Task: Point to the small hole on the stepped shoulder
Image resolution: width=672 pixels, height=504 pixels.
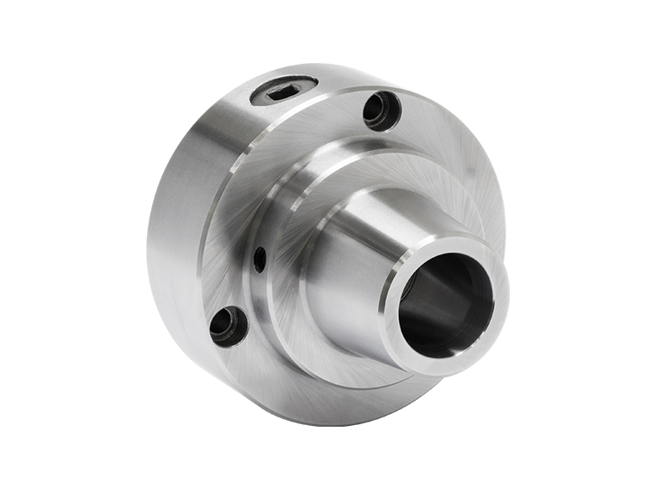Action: click(x=260, y=259)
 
